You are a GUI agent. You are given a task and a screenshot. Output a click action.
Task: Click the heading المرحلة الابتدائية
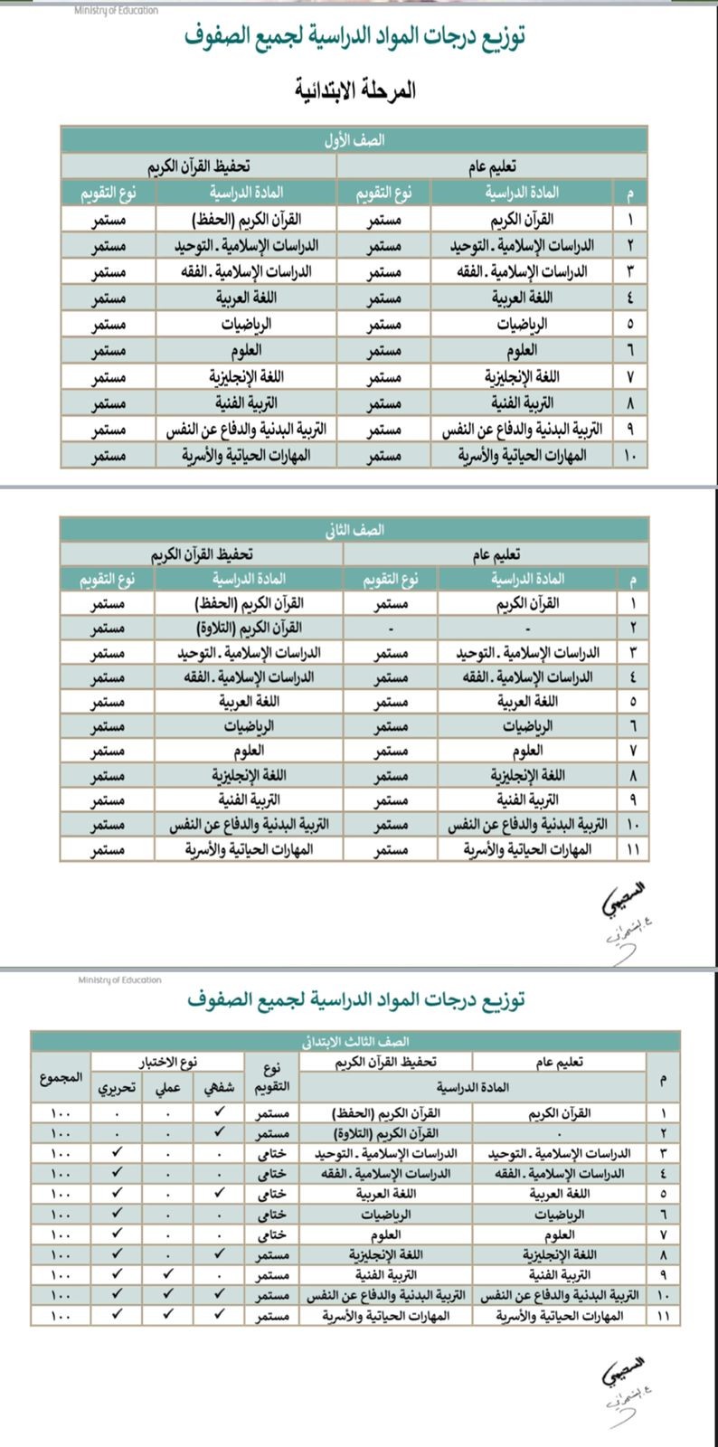(355, 90)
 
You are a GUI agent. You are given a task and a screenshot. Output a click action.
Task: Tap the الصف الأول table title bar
(354, 141)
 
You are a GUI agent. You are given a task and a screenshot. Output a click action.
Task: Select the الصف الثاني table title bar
(354, 531)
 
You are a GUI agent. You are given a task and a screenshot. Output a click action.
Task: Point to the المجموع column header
(61, 1079)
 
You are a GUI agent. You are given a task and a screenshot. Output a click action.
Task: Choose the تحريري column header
(117, 1088)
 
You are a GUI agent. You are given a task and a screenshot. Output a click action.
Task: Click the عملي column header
(169, 1088)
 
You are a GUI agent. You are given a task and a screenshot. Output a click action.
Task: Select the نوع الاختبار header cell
(168, 1062)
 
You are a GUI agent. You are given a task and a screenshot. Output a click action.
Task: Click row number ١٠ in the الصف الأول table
(630, 456)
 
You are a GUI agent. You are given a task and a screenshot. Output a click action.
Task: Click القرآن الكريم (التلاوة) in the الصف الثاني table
(250, 628)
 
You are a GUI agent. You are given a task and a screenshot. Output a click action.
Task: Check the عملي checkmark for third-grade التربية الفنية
(169, 1274)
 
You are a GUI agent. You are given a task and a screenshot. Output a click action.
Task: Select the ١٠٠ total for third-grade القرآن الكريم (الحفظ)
(61, 1113)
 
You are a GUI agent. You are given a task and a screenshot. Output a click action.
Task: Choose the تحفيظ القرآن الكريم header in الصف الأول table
(199, 166)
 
